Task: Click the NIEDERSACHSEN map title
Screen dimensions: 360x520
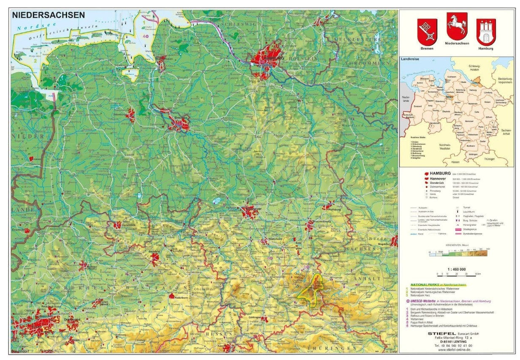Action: pyautogui.click(x=48, y=15)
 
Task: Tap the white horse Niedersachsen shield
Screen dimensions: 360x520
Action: pyautogui.click(x=457, y=26)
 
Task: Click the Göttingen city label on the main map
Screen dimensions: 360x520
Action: pyautogui.click(x=256, y=316)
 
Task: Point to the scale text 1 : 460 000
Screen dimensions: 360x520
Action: pyautogui.click(x=457, y=269)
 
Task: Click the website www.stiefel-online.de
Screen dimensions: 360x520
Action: pyautogui.click(x=455, y=349)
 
